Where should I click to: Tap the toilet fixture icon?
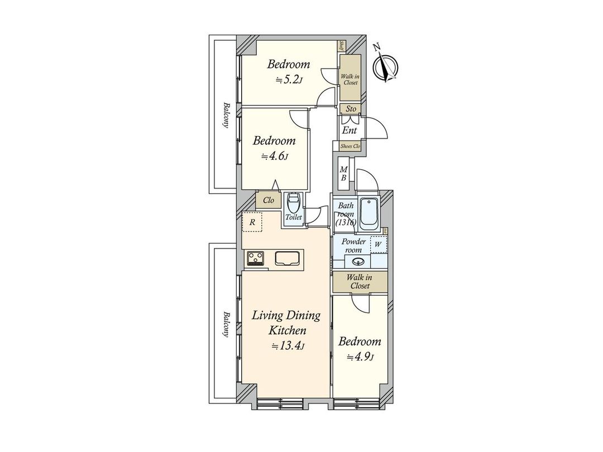[293, 203]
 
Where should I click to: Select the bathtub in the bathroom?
[369, 213]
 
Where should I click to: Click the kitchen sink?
[288, 258]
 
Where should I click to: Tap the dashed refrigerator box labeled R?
[252, 223]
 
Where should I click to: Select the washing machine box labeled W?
[378, 243]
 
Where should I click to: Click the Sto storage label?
[351, 109]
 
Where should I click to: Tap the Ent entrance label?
[350, 131]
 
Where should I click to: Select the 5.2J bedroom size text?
[289, 80]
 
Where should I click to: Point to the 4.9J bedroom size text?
[360, 357]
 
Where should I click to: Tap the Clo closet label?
[268, 200]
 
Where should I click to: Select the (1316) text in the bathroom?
[346, 222]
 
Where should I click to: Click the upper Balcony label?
[226, 114]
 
